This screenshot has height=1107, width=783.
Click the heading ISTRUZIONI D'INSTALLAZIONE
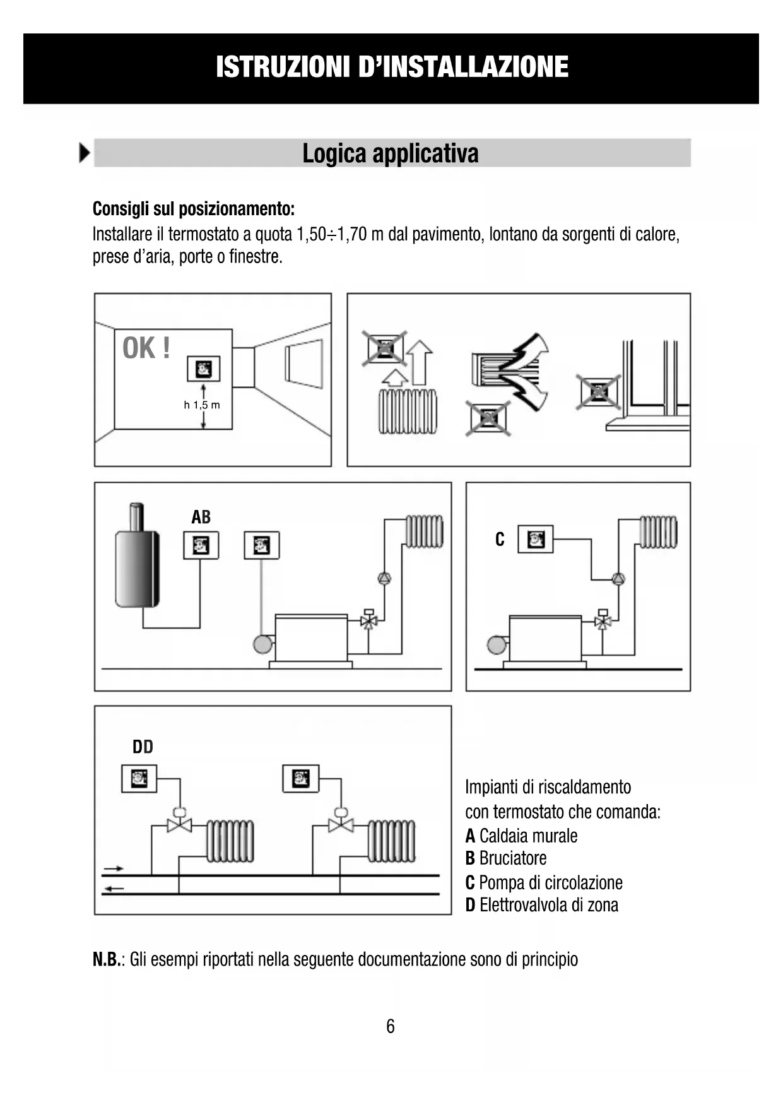392,68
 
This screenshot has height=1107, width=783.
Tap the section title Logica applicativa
391,153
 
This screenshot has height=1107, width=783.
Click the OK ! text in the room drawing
146,348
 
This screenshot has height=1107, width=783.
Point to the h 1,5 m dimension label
202,405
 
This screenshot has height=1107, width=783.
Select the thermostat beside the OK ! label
203,369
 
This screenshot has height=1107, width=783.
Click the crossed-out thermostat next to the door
598,392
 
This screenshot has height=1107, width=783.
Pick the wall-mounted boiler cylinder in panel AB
137,565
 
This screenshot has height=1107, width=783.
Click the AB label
201,518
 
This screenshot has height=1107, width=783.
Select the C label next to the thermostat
500,540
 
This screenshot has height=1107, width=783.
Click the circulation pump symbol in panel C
618,578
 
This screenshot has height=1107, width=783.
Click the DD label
143,747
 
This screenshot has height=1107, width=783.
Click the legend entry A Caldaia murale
521,836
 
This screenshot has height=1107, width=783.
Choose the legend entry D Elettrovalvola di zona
541,905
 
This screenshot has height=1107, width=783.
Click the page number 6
391,1026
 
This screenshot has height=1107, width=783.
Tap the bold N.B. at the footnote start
107,960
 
